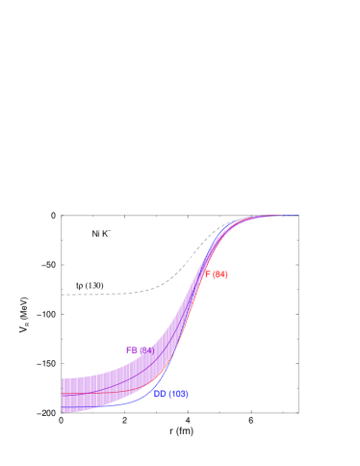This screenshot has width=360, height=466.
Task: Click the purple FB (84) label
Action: (x=140, y=350)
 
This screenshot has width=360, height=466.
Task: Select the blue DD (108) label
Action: (x=170, y=394)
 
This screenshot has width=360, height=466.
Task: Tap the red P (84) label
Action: (x=217, y=274)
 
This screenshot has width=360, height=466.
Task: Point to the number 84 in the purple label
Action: (x=146, y=350)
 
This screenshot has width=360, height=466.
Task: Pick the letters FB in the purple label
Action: (x=132, y=350)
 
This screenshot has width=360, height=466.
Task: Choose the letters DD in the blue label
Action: (x=160, y=394)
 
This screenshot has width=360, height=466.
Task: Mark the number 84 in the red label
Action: (x=220, y=274)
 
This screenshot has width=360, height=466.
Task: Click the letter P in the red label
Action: (x=207, y=274)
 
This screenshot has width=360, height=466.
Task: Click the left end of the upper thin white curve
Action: (x=63, y=281)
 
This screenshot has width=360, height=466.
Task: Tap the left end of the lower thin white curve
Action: (x=63, y=309)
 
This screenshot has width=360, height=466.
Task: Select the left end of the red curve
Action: (x=63, y=394)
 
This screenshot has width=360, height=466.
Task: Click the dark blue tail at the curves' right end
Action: (x=292, y=216)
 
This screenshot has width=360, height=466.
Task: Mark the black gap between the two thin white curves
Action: (x=96, y=296)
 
